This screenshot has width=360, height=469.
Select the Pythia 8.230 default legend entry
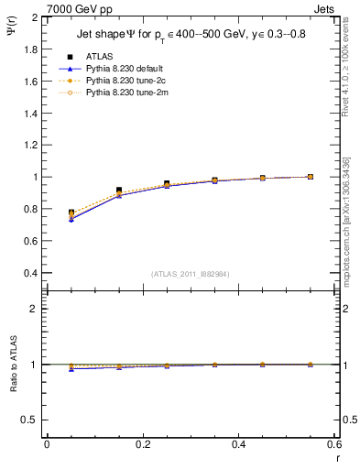click(123, 69)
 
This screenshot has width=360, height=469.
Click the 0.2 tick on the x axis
click(142, 444)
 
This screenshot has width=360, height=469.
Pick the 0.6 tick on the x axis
click(334, 444)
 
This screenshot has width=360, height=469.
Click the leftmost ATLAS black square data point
click(71, 213)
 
